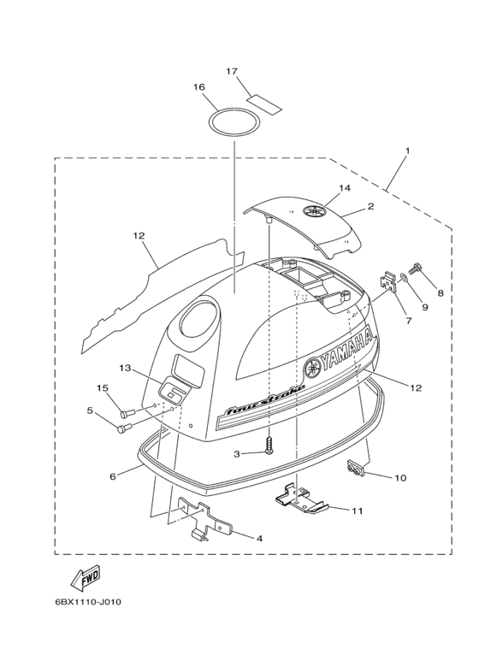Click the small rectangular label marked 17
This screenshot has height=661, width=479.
point(264,103)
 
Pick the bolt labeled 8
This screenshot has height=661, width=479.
point(417,268)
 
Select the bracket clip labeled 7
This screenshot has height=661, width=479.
point(389,281)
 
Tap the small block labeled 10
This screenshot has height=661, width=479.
point(354,469)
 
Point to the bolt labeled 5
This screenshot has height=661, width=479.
point(123,427)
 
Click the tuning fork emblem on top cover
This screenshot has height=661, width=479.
point(312,210)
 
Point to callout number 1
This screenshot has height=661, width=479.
point(407,150)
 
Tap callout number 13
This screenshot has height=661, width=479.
point(126,368)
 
